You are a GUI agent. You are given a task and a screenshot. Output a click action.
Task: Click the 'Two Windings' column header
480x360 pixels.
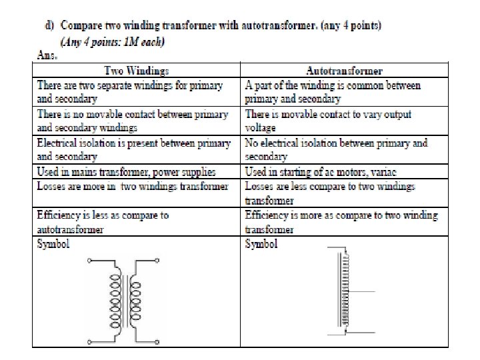(x=137, y=70)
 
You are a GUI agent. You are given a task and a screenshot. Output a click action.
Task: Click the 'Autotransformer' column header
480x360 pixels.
(x=344, y=70)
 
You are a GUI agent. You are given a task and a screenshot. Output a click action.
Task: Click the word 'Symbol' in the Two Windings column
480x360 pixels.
(x=53, y=245)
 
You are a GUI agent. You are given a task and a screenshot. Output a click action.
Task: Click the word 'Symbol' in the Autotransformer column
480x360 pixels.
(x=261, y=245)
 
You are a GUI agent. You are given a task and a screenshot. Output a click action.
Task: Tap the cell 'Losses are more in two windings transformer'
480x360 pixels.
(x=133, y=186)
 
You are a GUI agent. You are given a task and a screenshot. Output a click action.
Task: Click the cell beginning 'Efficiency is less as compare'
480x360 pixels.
(x=103, y=222)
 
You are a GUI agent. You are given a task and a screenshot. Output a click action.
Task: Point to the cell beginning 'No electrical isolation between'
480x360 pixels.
(x=336, y=149)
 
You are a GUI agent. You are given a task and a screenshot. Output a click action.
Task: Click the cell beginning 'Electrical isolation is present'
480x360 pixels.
(x=133, y=149)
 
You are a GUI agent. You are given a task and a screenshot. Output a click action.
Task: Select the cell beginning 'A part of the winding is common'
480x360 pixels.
(x=333, y=92)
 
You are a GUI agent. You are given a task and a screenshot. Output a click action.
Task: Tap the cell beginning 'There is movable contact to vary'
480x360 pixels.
(x=328, y=121)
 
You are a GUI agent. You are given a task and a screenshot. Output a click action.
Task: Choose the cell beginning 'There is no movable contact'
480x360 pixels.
(x=133, y=121)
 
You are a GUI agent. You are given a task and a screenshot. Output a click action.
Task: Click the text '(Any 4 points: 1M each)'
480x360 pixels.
(x=113, y=42)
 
